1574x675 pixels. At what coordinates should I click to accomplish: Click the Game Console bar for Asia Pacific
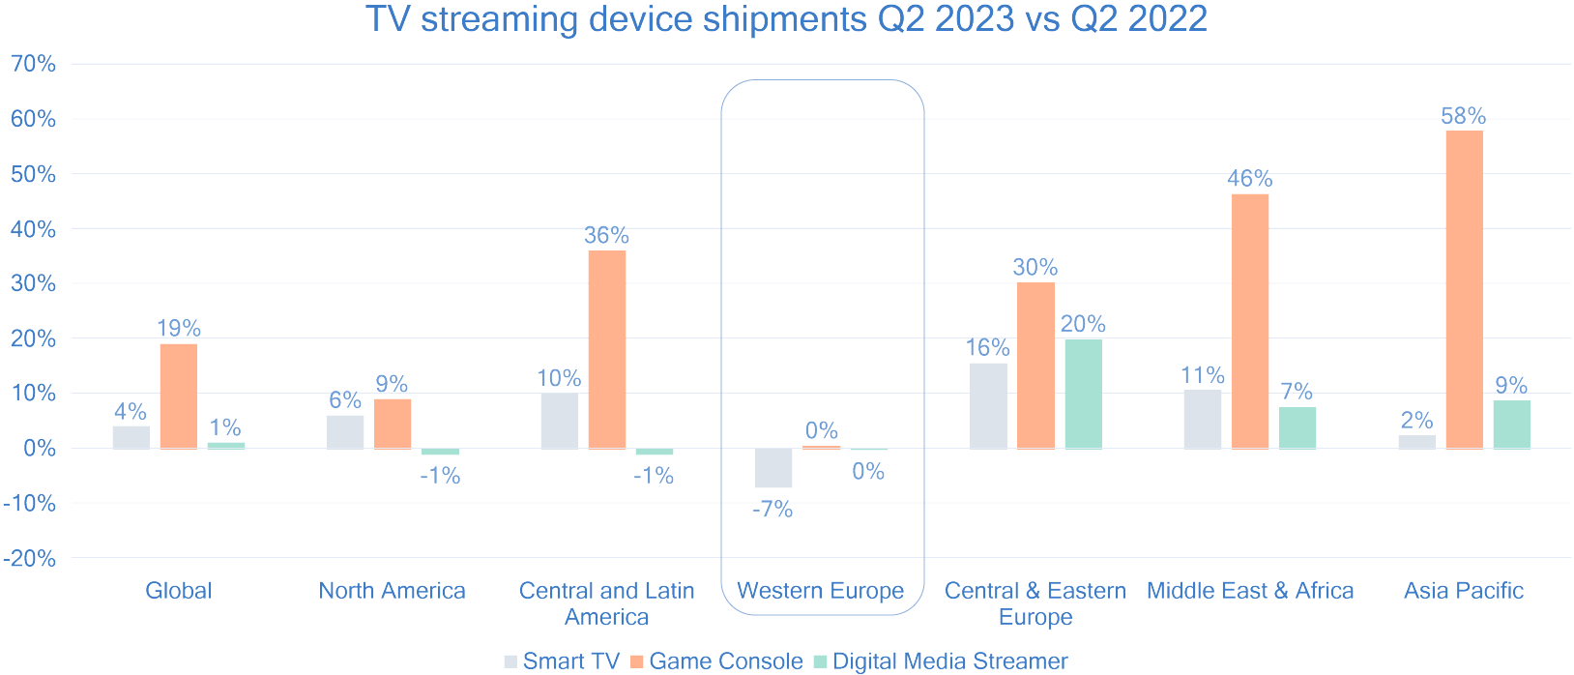pyautogui.click(x=1464, y=289)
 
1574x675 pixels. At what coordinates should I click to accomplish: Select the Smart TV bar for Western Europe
pyautogui.click(x=773, y=468)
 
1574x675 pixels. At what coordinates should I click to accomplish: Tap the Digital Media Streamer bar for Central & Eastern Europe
pyautogui.click(x=1083, y=394)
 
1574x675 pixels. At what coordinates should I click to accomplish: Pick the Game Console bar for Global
pyautogui.click(x=179, y=396)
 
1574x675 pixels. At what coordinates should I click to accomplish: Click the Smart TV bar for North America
pyautogui.click(x=345, y=432)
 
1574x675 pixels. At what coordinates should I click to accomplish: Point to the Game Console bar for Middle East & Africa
pyautogui.click(x=1250, y=321)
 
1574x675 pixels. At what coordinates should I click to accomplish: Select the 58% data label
pyautogui.click(x=1463, y=116)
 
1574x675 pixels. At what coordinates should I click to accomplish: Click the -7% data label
pyautogui.click(x=772, y=510)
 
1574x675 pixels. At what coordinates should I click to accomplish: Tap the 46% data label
pyautogui.click(x=1249, y=179)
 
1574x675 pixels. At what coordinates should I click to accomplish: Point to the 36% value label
pyautogui.click(x=606, y=235)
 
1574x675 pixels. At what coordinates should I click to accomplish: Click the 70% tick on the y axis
pyautogui.click(x=33, y=64)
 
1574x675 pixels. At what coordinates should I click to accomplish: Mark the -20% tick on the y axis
pyautogui.click(x=29, y=559)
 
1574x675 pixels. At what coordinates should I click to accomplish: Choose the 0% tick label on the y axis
pyautogui.click(x=39, y=449)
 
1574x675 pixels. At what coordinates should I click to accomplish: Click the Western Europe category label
pyautogui.click(x=820, y=591)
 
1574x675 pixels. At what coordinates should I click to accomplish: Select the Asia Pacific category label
pyautogui.click(x=1463, y=591)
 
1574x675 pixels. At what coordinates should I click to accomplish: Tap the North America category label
pyautogui.click(x=392, y=591)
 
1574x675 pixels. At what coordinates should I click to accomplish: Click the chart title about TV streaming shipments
pyautogui.click(x=786, y=19)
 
